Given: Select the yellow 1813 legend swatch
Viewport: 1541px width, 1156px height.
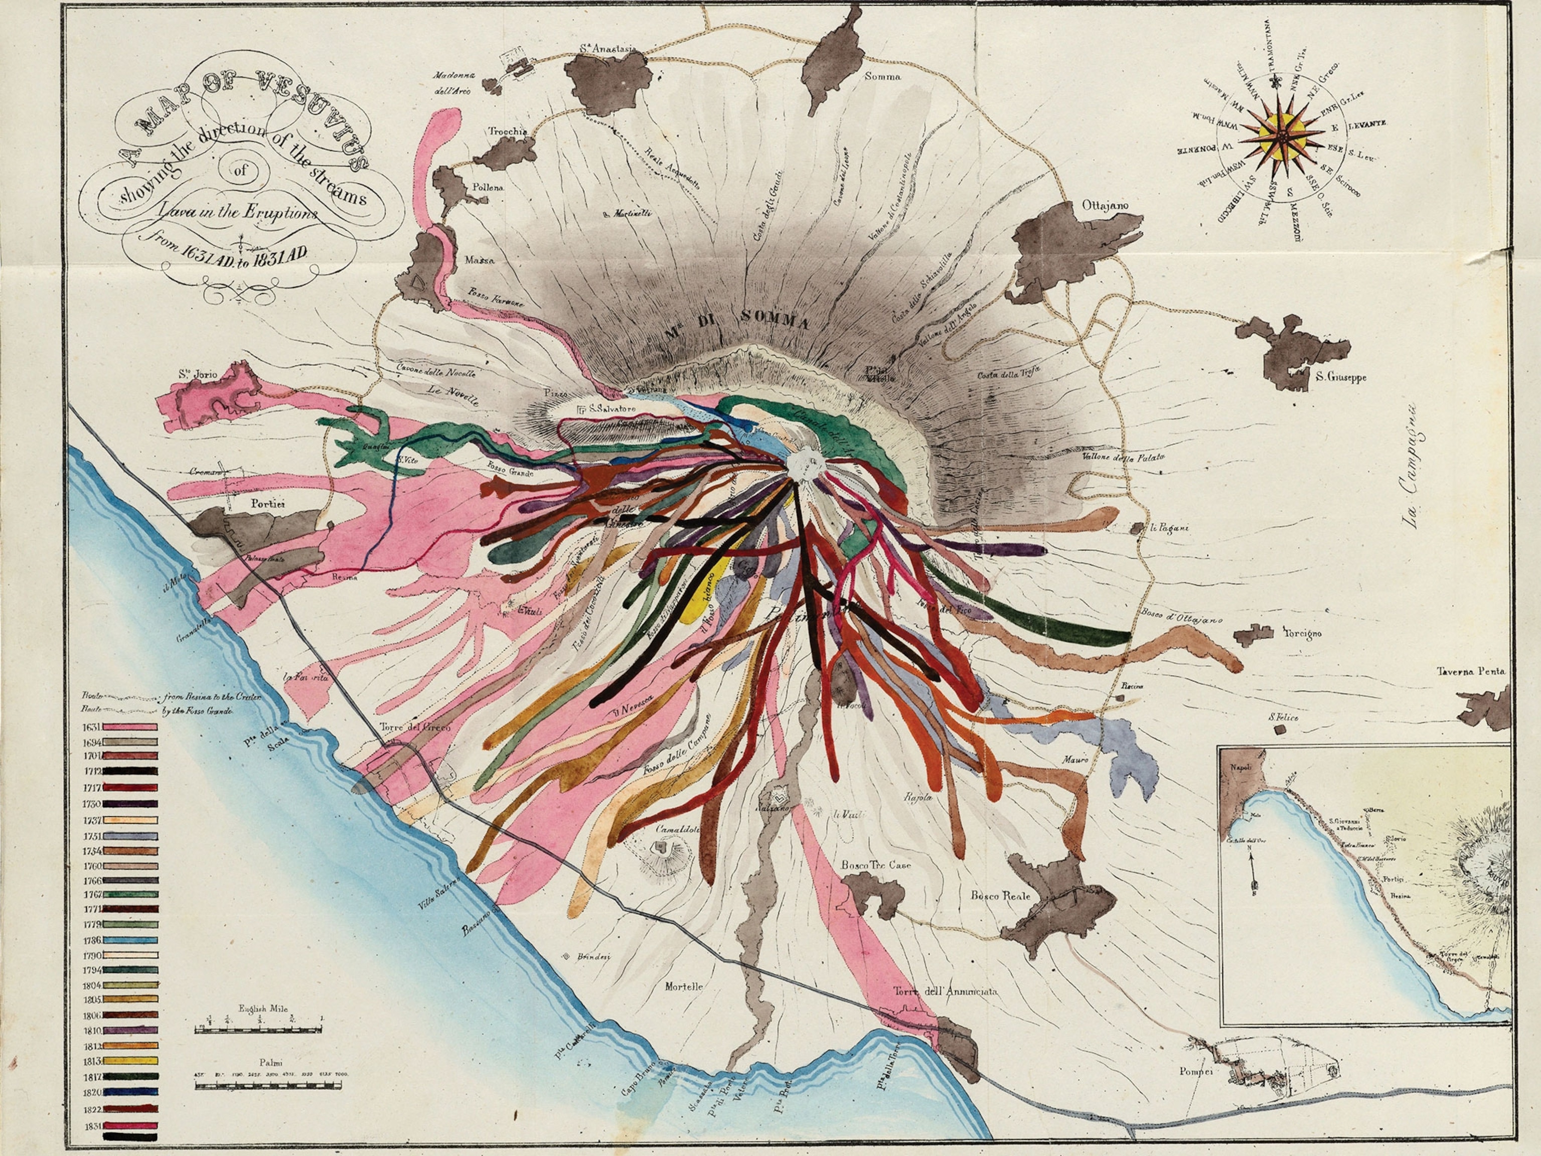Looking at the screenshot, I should (x=131, y=1061).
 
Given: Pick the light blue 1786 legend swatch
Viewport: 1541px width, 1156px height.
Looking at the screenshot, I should (x=131, y=940).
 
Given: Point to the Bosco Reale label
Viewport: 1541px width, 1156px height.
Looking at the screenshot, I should (x=1000, y=896).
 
